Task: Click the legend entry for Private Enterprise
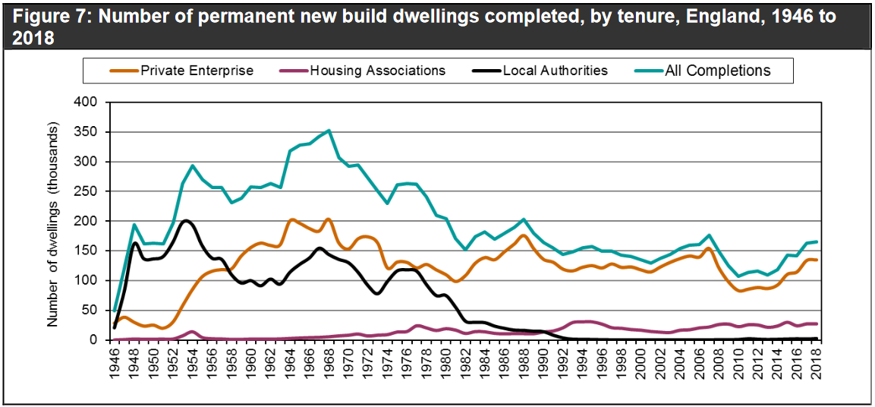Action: [x=196, y=71]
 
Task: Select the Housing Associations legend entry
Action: [x=377, y=71]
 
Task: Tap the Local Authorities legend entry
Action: [x=556, y=71]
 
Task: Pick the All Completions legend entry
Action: [x=717, y=71]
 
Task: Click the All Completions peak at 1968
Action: [x=329, y=130]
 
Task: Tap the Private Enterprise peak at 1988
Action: [x=523, y=235]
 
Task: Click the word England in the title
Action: [x=672, y=17]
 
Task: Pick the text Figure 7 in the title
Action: [x=47, y=17]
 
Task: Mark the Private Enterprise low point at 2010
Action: [x=738, y=291]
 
